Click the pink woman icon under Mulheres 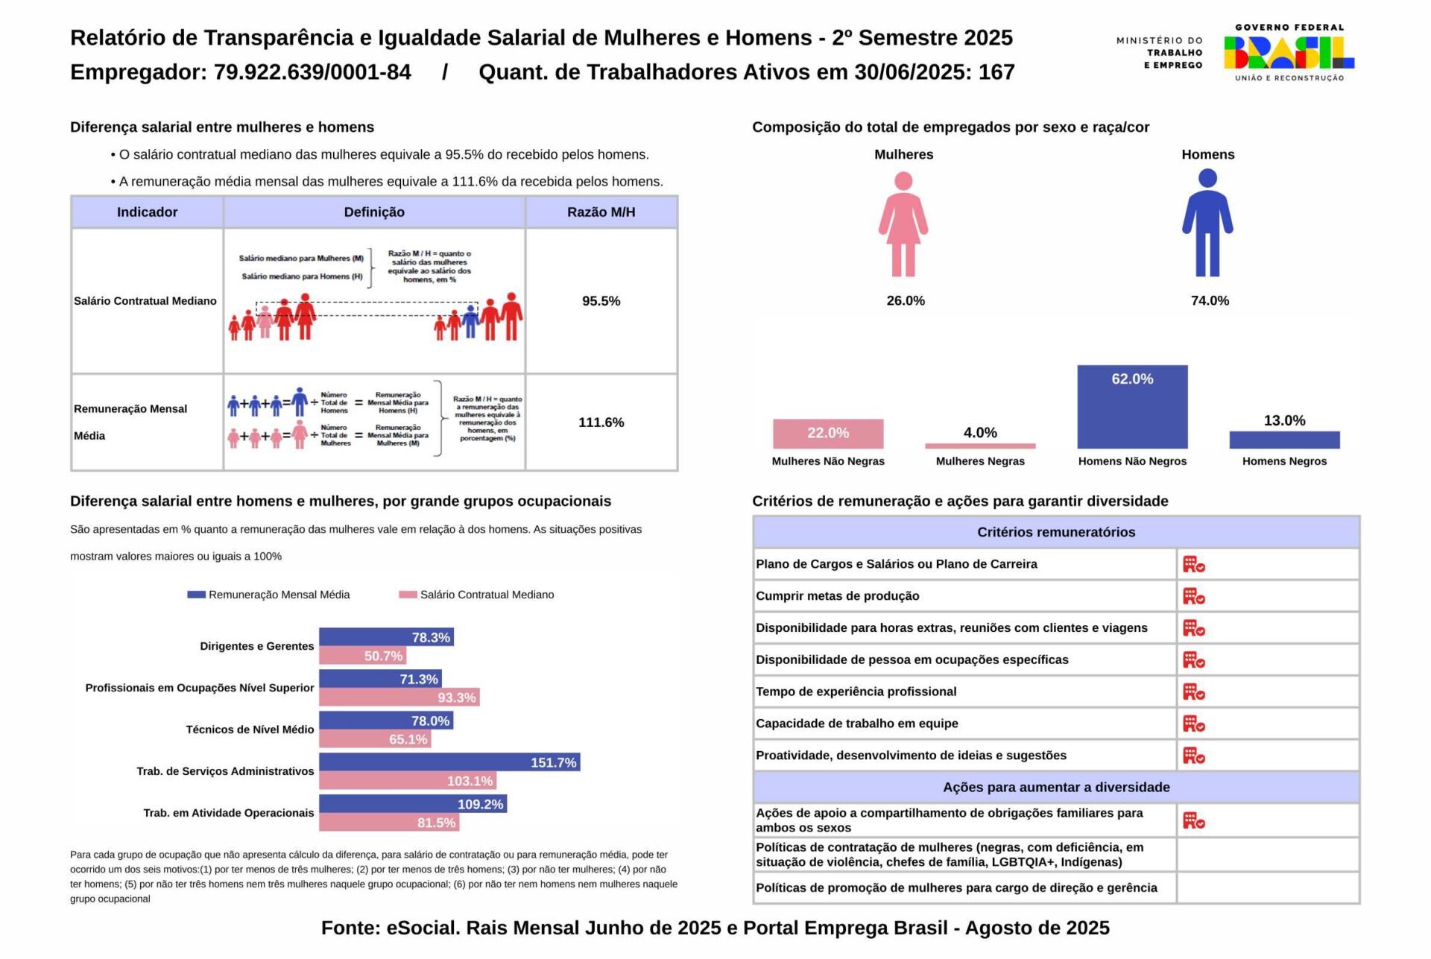click(x=903, y=224)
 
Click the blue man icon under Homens click(x=1207, y=223)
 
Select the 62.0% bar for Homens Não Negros click(x=1132, y=407)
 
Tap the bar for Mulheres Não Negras click(x=828, y=434)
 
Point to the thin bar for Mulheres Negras click(x=980, y=446)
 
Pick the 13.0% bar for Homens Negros click(x=1284, y=440)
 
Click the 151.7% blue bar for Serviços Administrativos click(x=449, y=762)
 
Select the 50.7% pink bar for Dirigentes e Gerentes click(x=362, y=656)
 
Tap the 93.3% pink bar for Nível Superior click(x=399, y=697)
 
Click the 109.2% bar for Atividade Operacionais click(x=413, y=804)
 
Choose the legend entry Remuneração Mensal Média click(x=269, y=595)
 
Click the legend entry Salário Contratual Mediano click(x=477, y=595)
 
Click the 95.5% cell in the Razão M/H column click(x=601, y=301)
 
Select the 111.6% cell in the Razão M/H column click(x=601, y=422)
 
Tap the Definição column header click(x=374, y=212)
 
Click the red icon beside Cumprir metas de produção click(x=1193, y=596)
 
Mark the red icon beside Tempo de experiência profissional click(x=1193, y=692)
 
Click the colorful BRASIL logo click(x=1289, y=53)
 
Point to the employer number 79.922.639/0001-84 click(x=312, y=72)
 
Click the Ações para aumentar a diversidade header click(x=1056, y=788)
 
